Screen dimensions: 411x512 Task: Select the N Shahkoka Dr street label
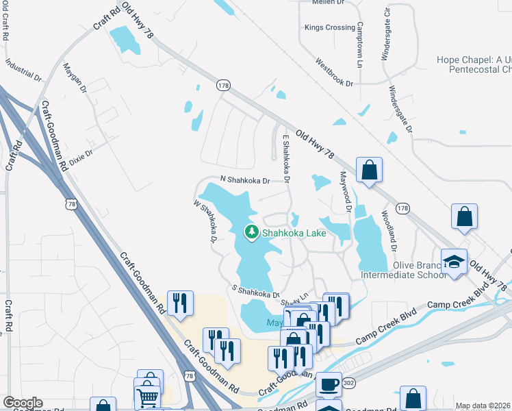tap(245, 180)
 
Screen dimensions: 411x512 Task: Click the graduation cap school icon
tap(453, 262)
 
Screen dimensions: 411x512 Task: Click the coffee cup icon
tap(329, 384)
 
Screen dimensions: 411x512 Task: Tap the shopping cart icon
tap(149, 397)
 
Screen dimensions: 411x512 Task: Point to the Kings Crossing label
tap(330, 28)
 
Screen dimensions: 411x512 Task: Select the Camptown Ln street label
tap(359, 45)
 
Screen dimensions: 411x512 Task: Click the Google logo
tap(23, 403)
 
